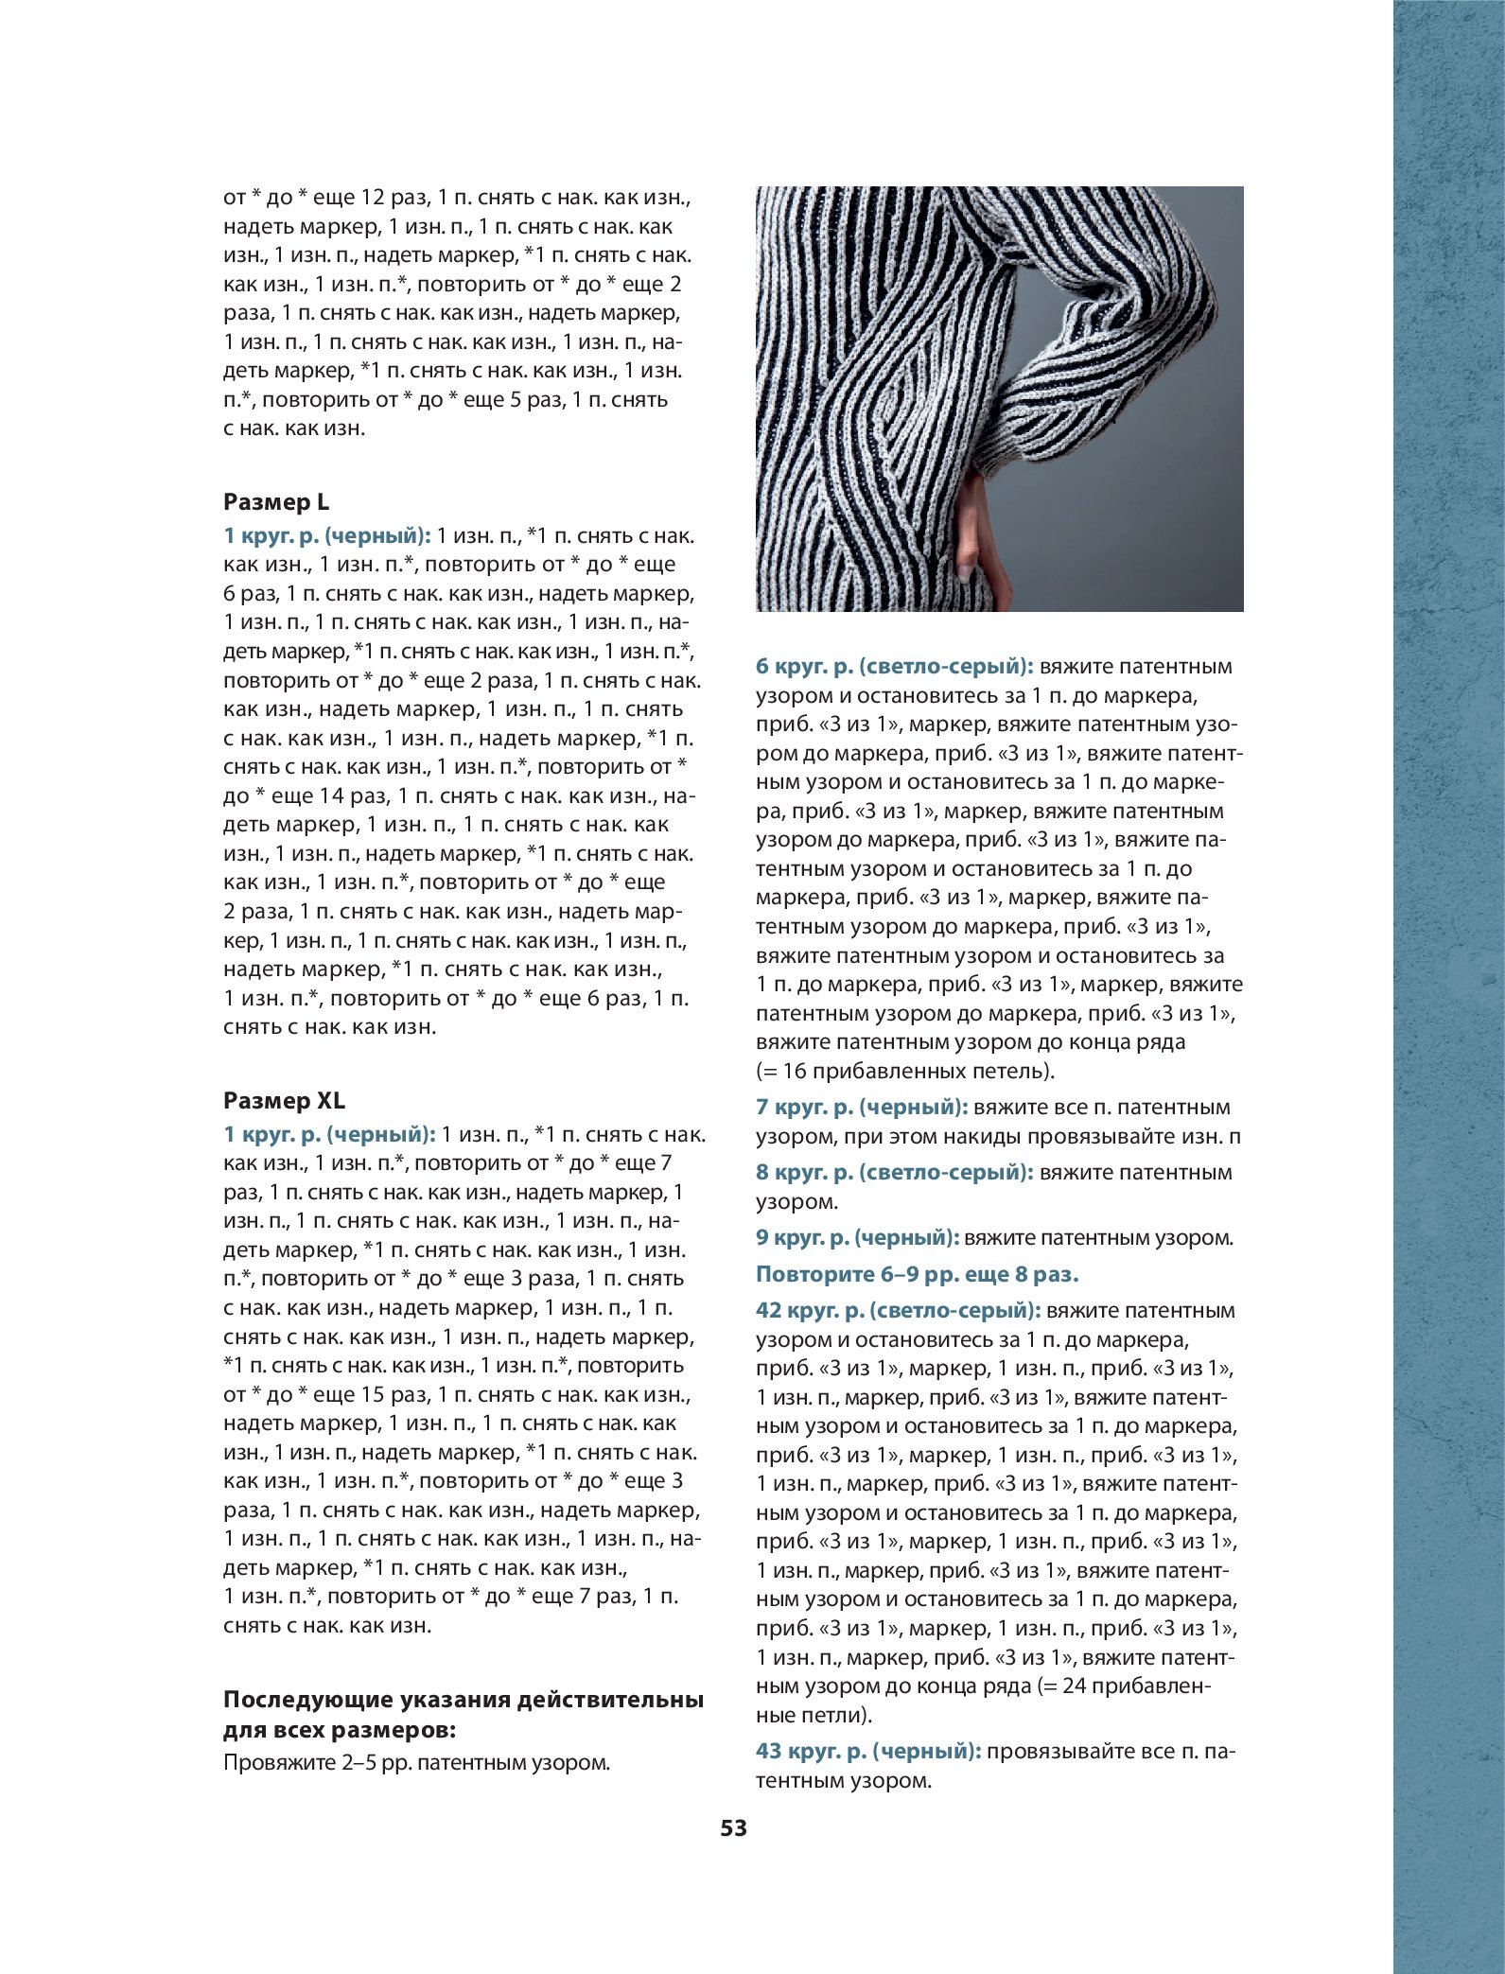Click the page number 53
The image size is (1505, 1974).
(733, 1828)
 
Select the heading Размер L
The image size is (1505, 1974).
(276, 502)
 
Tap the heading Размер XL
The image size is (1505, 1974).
(284, 1101)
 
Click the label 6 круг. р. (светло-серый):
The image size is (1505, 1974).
(894, 667)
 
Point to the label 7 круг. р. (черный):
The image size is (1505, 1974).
(861, 1108)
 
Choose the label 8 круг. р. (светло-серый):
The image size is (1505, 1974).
(894, 1173)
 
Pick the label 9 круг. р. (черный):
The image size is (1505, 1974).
(857, 1238)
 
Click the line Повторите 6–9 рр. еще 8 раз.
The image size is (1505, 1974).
(917, 1275)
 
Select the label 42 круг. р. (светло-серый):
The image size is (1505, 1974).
(898, 1311)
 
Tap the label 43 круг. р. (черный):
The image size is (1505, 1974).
(867, 1752)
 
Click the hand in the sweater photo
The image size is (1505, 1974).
(972, 539)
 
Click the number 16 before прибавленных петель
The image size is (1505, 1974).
(796, 1072)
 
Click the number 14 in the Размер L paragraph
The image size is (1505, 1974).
(330, 796)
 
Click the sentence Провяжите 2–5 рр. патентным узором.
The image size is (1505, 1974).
(416, 1763)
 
